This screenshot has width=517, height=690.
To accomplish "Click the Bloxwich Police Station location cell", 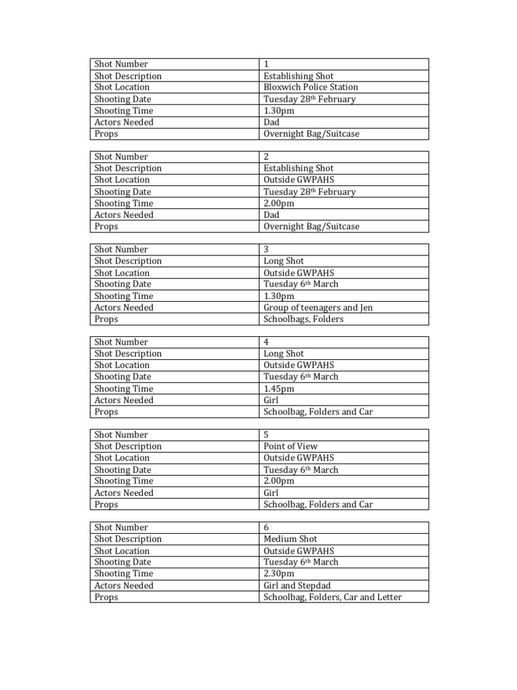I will [310, 87].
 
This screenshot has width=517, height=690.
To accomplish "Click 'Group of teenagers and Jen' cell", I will [318, 307].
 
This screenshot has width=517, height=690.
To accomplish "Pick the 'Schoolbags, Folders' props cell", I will [303, 319].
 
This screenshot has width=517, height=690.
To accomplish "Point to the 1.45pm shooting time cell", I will [279, 388].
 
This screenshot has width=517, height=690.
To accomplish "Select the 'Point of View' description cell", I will [290, 446].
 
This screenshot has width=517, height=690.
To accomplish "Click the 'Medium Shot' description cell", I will [290, 538].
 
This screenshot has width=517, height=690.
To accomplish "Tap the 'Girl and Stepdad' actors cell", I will [297, 585].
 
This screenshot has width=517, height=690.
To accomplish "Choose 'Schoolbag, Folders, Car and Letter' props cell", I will [333, 597].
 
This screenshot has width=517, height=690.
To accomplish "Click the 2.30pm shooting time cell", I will [279, 573].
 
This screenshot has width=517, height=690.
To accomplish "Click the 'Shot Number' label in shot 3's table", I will [121, 249].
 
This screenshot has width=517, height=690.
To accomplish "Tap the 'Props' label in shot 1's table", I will [106, 133].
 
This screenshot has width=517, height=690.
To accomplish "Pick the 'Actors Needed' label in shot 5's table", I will [124, 493].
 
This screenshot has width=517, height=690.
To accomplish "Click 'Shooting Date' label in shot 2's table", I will [123, 191].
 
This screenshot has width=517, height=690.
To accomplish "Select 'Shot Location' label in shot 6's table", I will [122, 551].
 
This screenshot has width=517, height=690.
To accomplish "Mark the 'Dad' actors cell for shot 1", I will [271, 122].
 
